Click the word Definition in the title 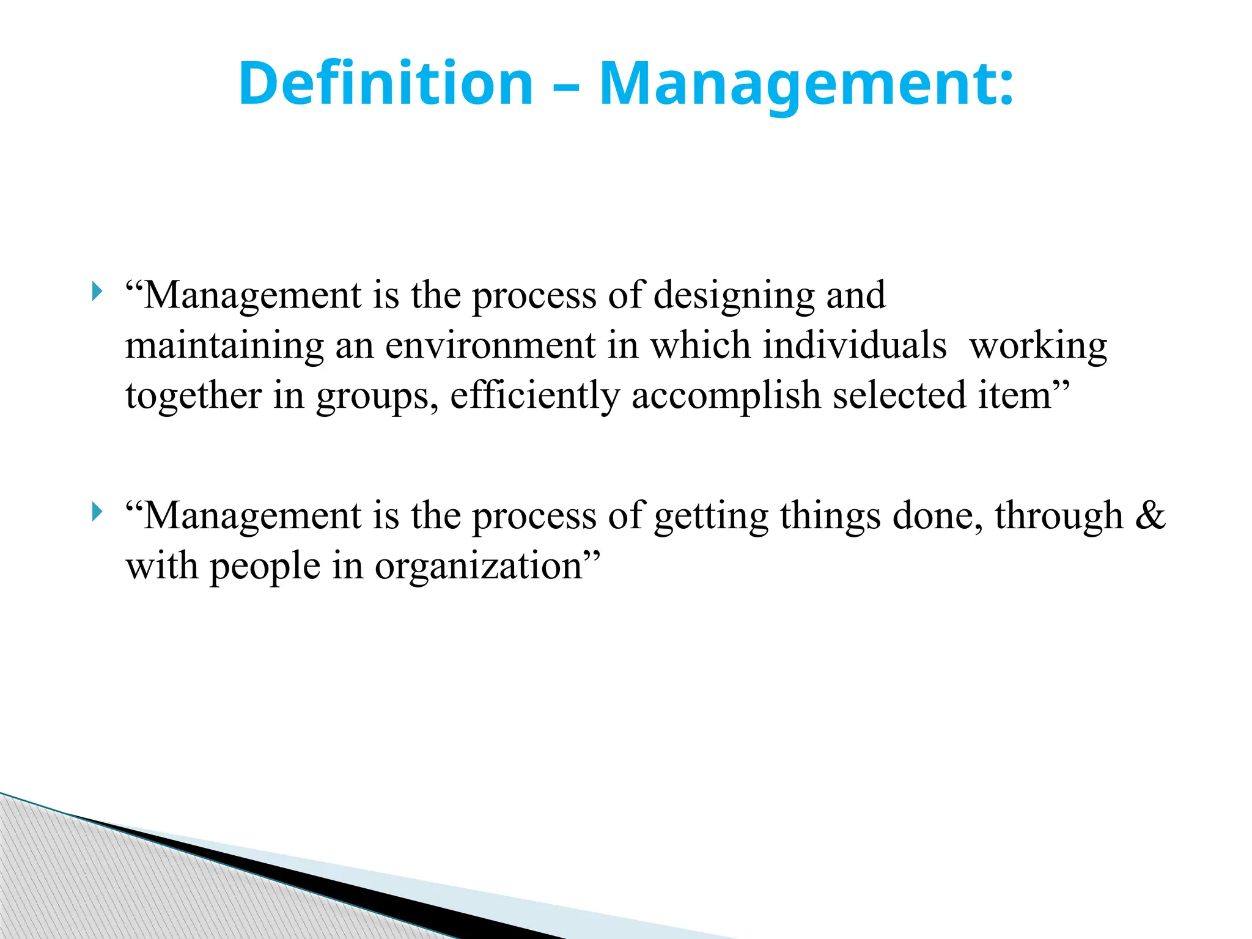coord(386,84)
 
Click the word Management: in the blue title coord(806,84)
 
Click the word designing coord(734,296)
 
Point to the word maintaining coord(224,346)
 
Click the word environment coord(490,346)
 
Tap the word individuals coord(854,346)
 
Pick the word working coord(1038,346)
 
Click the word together coord(193,396)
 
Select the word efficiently coord(535,396)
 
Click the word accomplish coord(726,396)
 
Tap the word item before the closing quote coord(1014,396)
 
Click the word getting coord(711,516)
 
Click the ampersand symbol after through coord(1150,515)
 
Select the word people coord(265,566)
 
